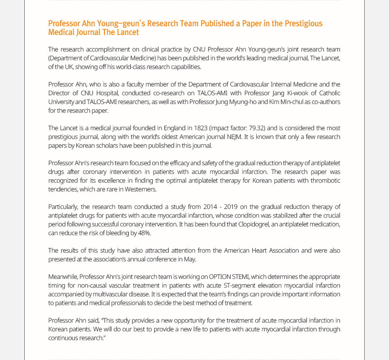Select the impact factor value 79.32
click(251, 128)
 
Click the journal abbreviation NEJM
click(239, 137)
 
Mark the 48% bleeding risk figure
click(142, 233)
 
